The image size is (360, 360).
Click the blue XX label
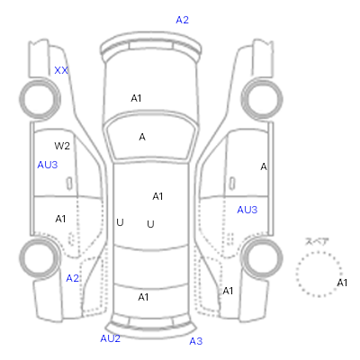click(x=61, y=70)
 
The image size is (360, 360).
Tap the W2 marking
click(x=62, y=146)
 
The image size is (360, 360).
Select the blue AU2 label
click(x=110, y=338)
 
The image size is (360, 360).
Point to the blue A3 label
click(x=196, y=341)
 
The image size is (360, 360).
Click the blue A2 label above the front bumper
click(x=182, y=20)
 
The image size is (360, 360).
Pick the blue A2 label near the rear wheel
click(x=72, y=278)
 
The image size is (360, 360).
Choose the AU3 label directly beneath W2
click(x=48, y=165)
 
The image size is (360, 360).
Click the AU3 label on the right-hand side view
click(x=247, y=210)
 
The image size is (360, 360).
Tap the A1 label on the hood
click(x=136, y=98)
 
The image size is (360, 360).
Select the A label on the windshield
click(x=142, y=137)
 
